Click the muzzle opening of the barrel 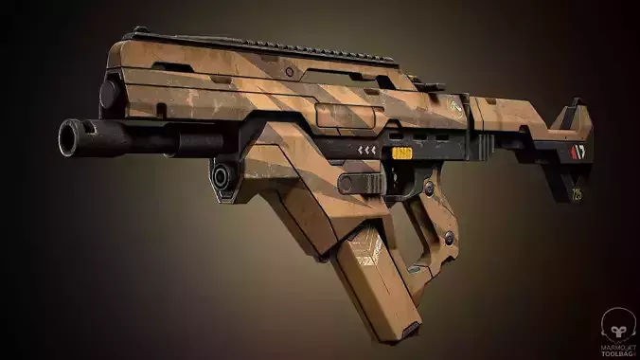pos(69,139)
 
